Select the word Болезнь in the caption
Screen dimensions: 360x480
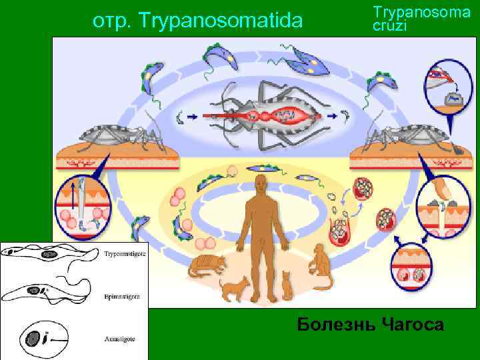tap(337, 325)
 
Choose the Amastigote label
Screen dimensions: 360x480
tap(121, 339)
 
